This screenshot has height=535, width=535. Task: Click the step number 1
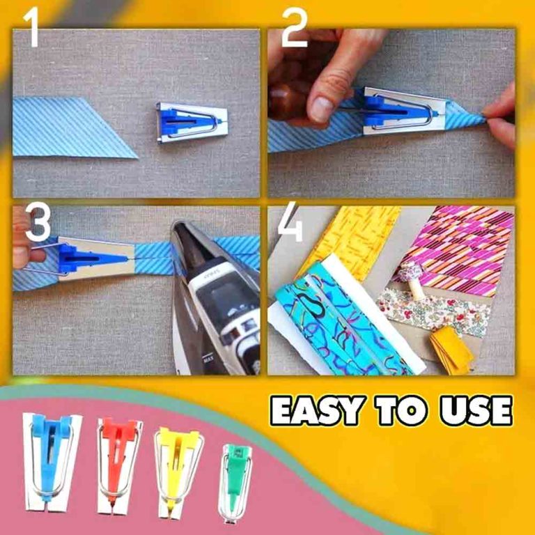coord(31,29)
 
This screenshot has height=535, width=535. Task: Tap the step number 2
coord(295,29)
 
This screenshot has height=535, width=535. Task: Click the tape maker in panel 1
coord(192,122)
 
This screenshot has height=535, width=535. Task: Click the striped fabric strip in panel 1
coord(73,127)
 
